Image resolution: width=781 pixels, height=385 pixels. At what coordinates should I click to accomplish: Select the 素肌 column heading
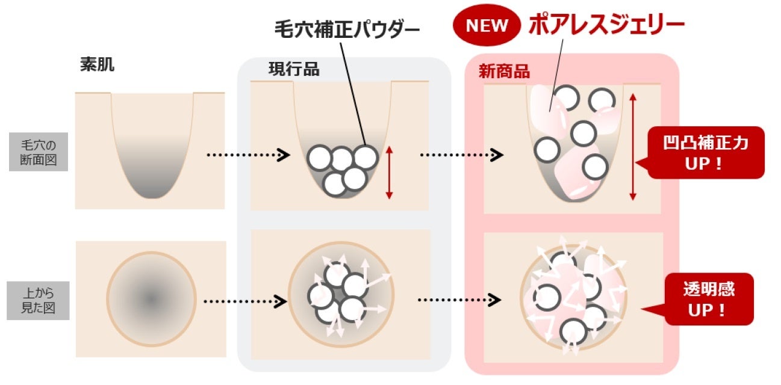pos(97,65)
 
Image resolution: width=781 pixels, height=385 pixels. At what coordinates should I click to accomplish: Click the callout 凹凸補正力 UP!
pos(705,152)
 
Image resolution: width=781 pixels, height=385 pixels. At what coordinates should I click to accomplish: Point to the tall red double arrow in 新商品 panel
pos(632,147)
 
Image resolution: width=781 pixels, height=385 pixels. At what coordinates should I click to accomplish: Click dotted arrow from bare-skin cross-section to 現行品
pos(244,155)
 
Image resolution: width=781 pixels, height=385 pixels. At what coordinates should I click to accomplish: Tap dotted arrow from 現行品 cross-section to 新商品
pos(461,155)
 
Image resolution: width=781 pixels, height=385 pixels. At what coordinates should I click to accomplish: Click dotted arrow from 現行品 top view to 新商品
pos(459,299)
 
